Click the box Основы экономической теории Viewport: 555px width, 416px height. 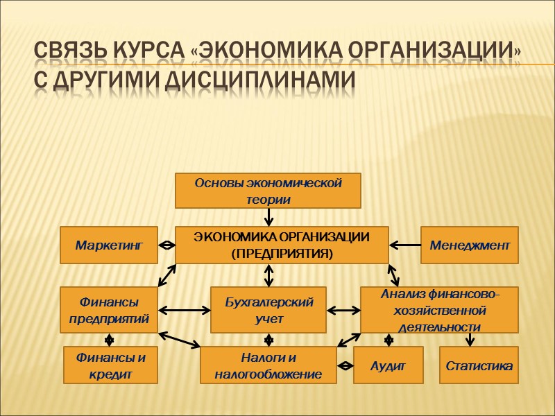pyautogui.click(x=268, y=191)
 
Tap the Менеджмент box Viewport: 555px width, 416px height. pyautogui.click(x=470, y=245)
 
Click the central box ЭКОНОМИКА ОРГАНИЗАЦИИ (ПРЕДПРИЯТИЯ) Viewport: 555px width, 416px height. pyautogui.click(x=282, y=245)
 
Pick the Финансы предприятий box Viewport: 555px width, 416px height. pyautogui.click(x=108, y=310)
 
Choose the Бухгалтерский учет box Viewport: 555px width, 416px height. pyautogui.click(x=268, y=310)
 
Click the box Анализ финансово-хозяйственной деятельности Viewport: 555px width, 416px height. pyautogui.click(x=440, y=310)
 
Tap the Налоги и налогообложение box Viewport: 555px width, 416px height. pyautogui.click(x=268, y=365)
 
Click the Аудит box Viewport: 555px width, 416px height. pyautogui.click(x=388, y=365)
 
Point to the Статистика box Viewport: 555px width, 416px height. pyautogui.click(x=479, y=365)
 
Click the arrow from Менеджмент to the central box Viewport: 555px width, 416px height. pyautogui.click(x=405, y=244)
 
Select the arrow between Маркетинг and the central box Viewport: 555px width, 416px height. pyautogui.click(x=166, y=245)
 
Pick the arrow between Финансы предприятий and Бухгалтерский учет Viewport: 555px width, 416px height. pyautogui.click(x=184, y=310)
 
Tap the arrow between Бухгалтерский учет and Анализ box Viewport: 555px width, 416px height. pyautogui.click(x=343, y=310)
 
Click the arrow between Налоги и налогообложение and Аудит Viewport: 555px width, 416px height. pyautogui.click(x=345, y=365)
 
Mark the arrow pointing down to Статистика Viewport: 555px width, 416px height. pyautogui.click(x=470, y=340)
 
